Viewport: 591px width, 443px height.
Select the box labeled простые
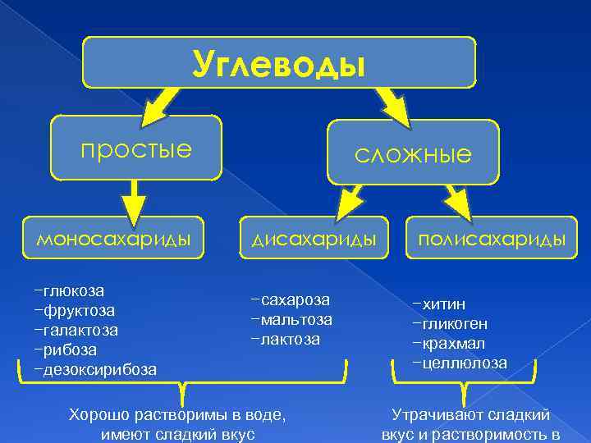coord(136,148)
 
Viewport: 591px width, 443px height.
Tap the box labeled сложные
coord(413,153)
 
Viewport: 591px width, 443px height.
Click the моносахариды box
coord(113,239)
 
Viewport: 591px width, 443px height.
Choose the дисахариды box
coord(314,239)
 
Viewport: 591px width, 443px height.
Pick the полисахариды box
coord(492,239)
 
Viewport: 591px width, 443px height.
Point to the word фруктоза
coord(79,310)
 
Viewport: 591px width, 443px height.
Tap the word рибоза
coord(71,349)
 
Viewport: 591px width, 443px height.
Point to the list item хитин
coord(443,304)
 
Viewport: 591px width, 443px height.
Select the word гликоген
coord(455,324)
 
